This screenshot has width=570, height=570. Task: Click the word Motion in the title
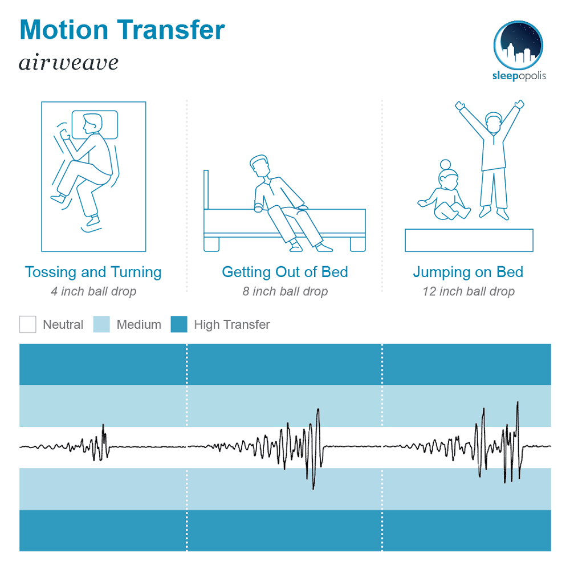pos(64,30)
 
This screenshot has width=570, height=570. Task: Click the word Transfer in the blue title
pos(171,30)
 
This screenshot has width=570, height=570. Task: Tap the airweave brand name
pos(68,63)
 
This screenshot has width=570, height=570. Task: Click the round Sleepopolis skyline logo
pos(518,46)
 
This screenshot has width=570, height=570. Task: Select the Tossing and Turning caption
pos(93,272)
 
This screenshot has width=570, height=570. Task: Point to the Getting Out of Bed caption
pos(285,272)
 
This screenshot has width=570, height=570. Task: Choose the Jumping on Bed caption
pos(468,272)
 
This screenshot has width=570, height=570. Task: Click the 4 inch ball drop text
pos(93,291)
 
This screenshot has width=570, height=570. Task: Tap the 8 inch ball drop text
pos(286,291)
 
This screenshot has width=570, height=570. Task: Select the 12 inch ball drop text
pos(469,291)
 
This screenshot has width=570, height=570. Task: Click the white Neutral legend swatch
pos(27,324)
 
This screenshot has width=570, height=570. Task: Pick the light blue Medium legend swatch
pos(101,324)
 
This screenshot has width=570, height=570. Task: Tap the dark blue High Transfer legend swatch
pos(179,324)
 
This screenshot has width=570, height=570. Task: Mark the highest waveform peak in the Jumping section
pos(518,402)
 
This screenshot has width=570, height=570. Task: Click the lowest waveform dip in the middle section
pos(313,488)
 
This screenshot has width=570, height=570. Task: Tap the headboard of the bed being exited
pos(206,190)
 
